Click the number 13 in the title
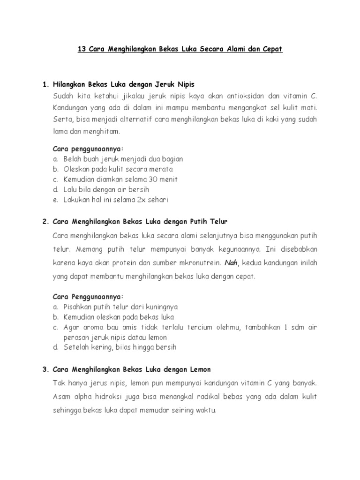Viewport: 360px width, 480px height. pyautogui.click(x=82, y=49)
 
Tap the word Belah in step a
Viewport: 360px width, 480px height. pyautogui.click(x=72, y=159)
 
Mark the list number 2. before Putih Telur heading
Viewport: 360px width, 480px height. pyautogui.click(x=45, y=220)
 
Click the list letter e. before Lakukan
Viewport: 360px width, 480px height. pyautogui.click(x=55, y=200)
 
